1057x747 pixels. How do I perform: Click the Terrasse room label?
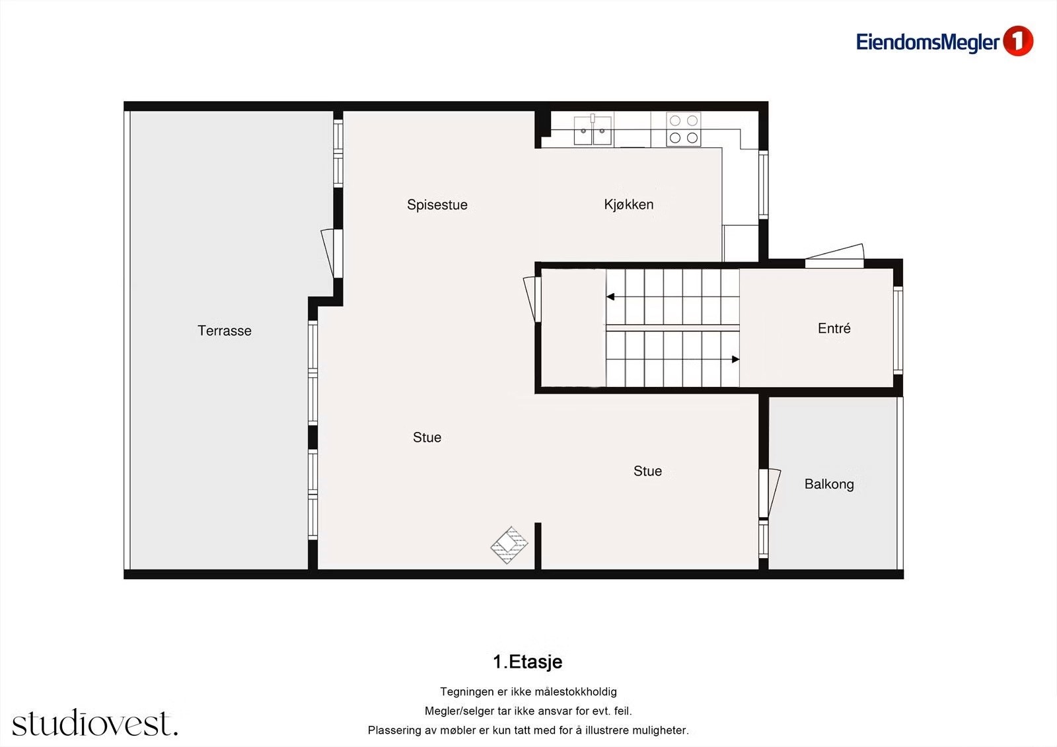225,331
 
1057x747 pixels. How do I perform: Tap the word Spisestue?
437,205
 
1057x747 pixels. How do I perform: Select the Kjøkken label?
628,205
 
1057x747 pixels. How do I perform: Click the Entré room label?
834,328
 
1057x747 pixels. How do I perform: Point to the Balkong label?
828,484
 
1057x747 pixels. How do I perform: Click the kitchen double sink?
593,129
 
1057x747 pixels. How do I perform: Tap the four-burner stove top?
683,129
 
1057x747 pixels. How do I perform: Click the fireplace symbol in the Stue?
509,545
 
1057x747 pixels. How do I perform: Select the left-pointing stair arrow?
611,297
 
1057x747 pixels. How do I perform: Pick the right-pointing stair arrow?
735,359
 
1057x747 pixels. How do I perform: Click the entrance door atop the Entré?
834,258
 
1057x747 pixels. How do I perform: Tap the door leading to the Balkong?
768,493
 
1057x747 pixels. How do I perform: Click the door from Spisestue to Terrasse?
331,252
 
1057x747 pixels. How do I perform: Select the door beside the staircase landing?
532,299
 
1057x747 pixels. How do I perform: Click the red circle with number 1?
1017,42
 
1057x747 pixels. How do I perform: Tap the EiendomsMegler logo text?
928,42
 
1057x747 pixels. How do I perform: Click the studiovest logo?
94,723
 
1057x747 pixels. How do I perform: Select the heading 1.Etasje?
527,662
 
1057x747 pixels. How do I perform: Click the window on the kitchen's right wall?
763,184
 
